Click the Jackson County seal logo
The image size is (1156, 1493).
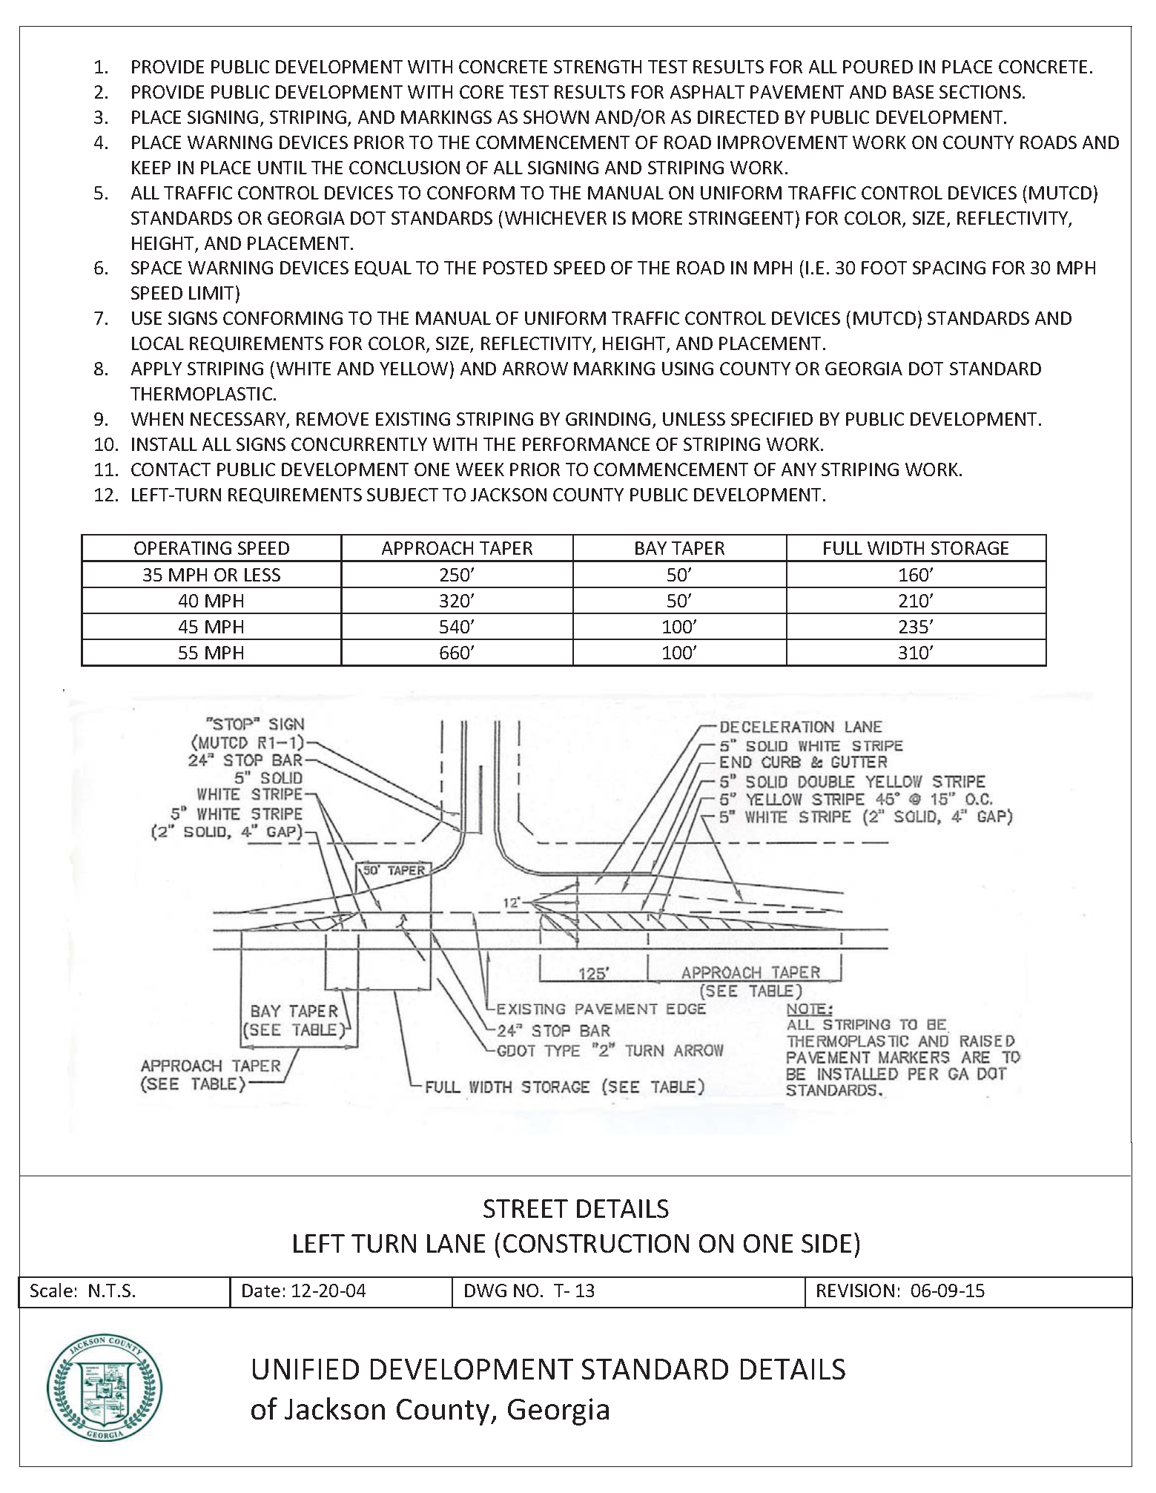click(105, 1389)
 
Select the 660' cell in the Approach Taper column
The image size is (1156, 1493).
click(456, 653)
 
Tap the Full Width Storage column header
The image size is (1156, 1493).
click(915, 548)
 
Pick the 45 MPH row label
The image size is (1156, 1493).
click(211, 627)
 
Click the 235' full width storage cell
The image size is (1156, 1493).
click(915, 627)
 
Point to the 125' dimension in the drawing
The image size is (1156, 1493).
click(593, 974)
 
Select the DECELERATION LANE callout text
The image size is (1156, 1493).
click(801, 727)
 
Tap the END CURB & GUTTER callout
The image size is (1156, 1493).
click(803, 762)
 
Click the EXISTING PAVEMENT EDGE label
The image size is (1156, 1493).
click(601, 1009)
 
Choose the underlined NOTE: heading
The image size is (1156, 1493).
click(809, 1009)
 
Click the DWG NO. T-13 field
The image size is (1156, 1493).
click(529, 1291)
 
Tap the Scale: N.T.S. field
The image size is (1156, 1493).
click(82, 1291)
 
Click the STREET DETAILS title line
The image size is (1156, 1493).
click(575, 1210)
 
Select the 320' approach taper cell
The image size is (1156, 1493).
click(456, 601)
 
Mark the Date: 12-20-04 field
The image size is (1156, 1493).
click(303, 1291)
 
